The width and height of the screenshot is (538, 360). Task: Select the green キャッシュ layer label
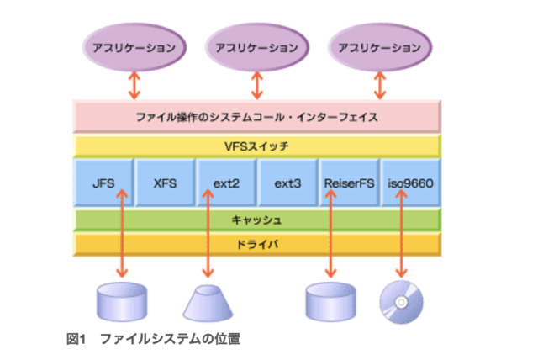tap(257, 220)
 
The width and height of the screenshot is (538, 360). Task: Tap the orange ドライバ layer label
tap(257, 245)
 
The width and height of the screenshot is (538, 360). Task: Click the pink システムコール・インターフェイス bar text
tap(257, 114)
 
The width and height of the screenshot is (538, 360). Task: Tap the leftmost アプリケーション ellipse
tap(133, 47)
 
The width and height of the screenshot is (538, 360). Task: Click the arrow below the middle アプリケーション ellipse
tap(257, 83)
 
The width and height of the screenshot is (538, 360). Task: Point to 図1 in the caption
tap(77, 338)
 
